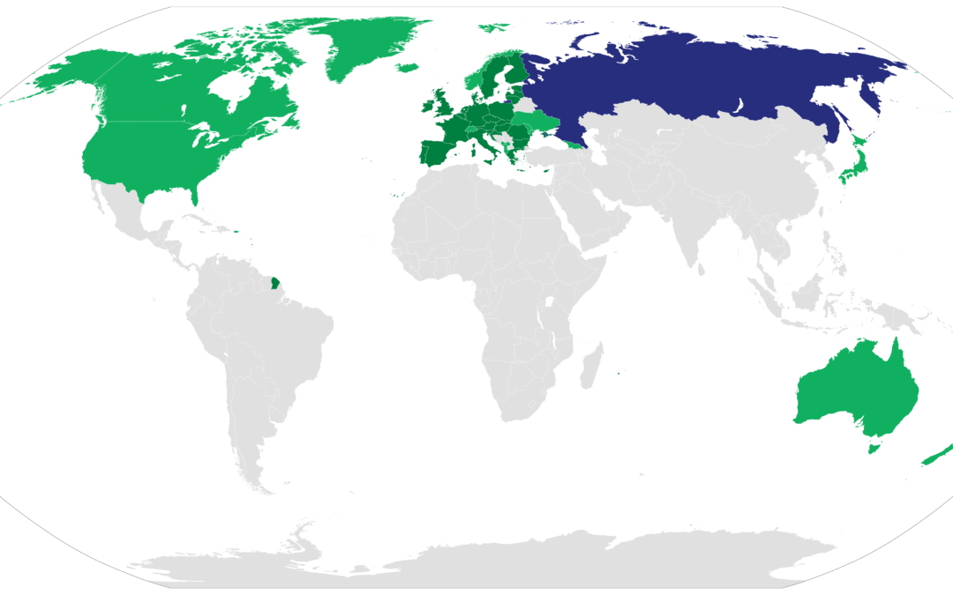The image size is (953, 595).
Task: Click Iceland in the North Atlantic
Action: pyautogui.click(x=406, y=67)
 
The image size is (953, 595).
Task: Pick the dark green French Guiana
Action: pyautogui.click(x=275, y=284)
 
